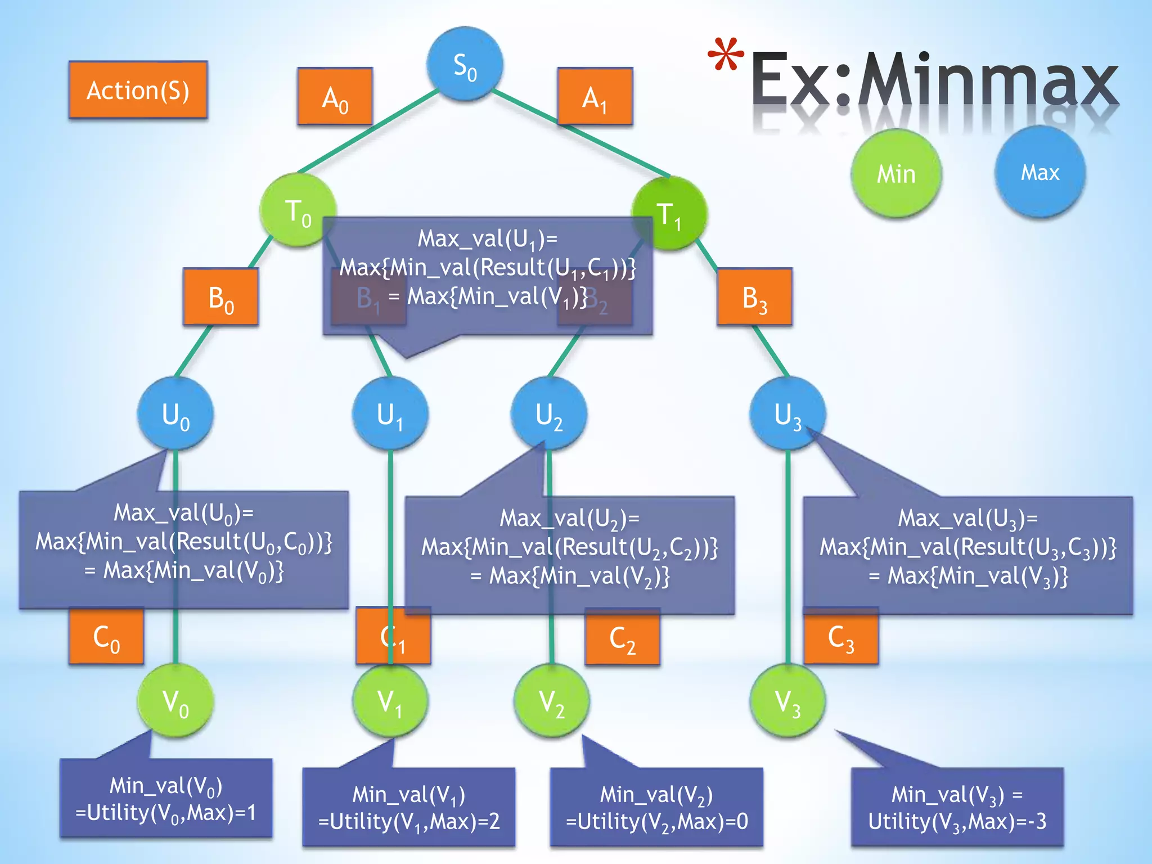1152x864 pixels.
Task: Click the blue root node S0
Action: (x=465, y=65)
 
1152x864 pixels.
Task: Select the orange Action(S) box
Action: (x=138, y=90)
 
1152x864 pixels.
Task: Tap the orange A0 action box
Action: (x=335, y=97)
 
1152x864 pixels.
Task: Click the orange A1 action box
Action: (x=595, y=97)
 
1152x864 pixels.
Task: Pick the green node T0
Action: (x=298, y=210)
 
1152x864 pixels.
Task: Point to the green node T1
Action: (x=669, y=214)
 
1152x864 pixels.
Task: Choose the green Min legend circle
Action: (x=896, y=173)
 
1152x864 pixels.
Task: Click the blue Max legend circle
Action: (x=1040, y=172)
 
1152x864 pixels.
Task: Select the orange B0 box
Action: (x=220, y=297)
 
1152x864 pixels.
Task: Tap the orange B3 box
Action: (x=754, y=297)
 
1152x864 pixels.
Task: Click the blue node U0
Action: (x=175, y=414)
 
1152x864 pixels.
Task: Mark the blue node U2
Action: (x=549, y=414)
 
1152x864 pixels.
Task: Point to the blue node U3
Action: (x=787, y=414)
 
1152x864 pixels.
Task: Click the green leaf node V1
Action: (x=390, y=701)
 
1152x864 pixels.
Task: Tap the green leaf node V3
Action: (x=787, y=701)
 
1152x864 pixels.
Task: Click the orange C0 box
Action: (x=106, y=637)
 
